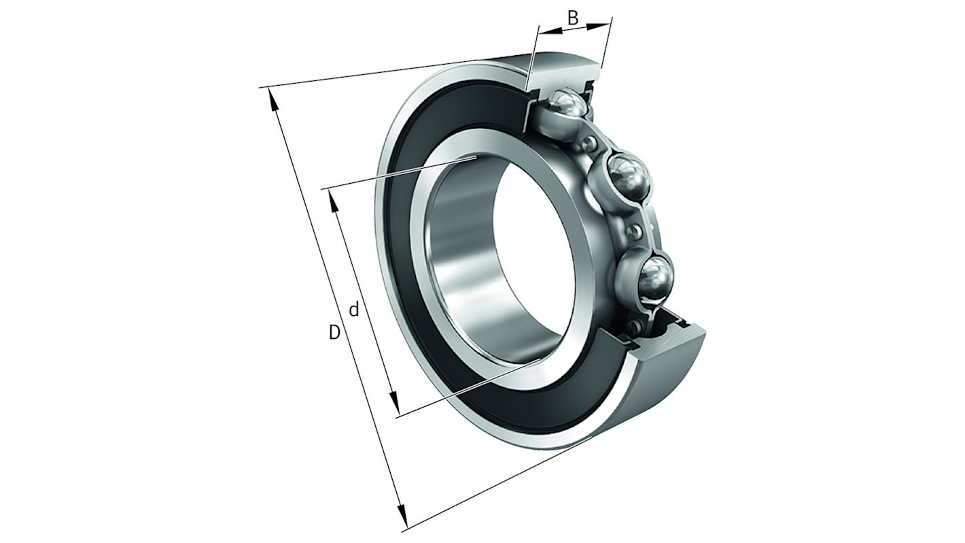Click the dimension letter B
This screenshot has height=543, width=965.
click(x=572, y=18)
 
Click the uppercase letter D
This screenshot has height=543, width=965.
click(x=334, y=333)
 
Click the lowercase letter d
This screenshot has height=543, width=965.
click(x=353, y=309)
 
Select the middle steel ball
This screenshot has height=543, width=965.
click(x=627, y=176)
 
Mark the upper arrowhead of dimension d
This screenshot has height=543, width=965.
click(x=333, y=201)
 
